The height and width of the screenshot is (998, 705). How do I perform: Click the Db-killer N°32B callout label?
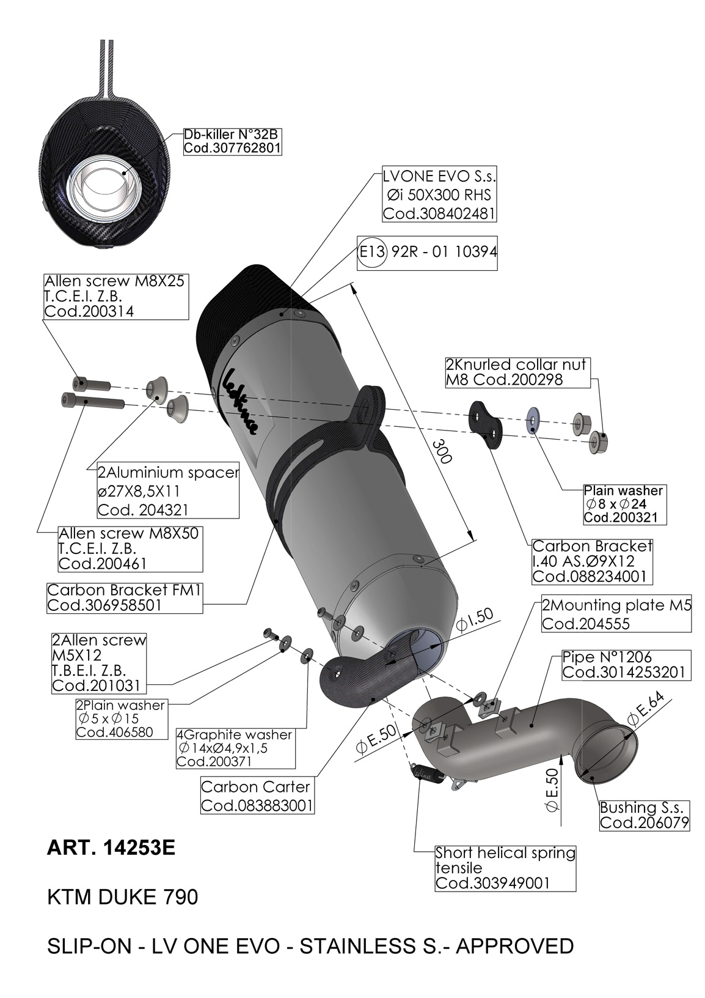tap(232, 141)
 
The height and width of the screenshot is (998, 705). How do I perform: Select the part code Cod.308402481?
tap(439, 214)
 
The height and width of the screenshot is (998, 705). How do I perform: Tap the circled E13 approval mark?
tap(371, 252)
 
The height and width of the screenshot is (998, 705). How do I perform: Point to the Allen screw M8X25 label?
tap(115, 296)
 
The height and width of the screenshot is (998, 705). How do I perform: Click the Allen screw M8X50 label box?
tap(130, 549)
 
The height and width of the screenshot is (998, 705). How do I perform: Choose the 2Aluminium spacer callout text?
tap(168, 491)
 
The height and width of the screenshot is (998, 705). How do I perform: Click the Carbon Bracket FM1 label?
tap(124, 597)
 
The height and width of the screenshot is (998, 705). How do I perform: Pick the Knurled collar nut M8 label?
tap(517, 372)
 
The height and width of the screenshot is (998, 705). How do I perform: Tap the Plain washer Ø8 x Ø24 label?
tap(623, 504)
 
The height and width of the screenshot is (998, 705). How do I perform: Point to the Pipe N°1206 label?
tap(626, 665)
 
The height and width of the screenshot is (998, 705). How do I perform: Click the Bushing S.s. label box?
tap(644, 815)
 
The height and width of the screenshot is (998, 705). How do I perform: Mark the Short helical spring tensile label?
tap(505, 868)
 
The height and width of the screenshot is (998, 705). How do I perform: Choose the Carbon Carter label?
tap(257, 796)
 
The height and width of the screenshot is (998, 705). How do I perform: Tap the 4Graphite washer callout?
tap(235, 748)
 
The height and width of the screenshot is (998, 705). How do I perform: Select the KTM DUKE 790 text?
tap(123, 897)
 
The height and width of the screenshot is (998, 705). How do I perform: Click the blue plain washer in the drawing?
tap(533, 420)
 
